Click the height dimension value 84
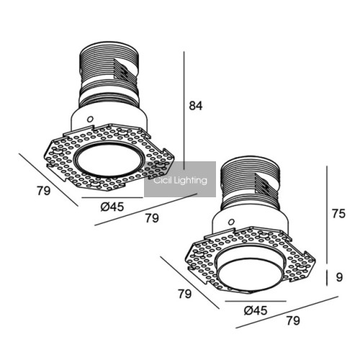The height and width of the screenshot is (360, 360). pyautogui.click(x=196, y=106)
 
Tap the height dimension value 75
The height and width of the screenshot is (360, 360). pyautogui.click(x=338, y=214)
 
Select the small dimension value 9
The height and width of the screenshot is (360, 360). pyautogui.click(x=339, y=277)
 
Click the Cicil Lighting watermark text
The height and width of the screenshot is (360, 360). pyautogui.click(x=180, y=180)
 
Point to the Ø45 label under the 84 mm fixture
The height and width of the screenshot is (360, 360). pyautogui.click(x=112, y=207)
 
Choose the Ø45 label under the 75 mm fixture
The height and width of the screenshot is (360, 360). pyautogui.click(x=256, y=310)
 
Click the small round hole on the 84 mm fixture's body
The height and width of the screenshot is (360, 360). pyautogui.click(x=90, y=119)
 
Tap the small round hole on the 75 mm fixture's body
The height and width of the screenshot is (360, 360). pyautogui.click(x=231, y=222)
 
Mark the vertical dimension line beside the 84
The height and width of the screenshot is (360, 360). pyautogui.click(x=184, y=110)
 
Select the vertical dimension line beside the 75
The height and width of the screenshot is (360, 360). pyautogui.click(x=327, y=215)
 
